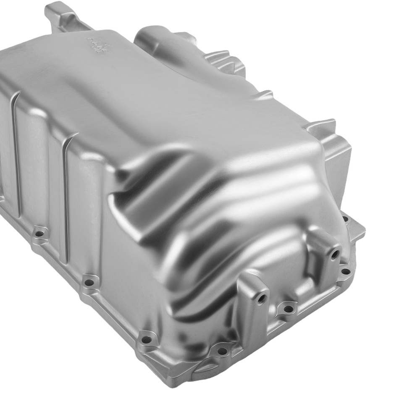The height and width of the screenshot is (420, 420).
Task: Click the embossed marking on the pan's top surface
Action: [96, 44]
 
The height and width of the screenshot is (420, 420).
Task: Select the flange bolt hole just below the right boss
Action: [345, 271]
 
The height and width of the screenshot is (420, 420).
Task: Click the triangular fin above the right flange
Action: [323, 126]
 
